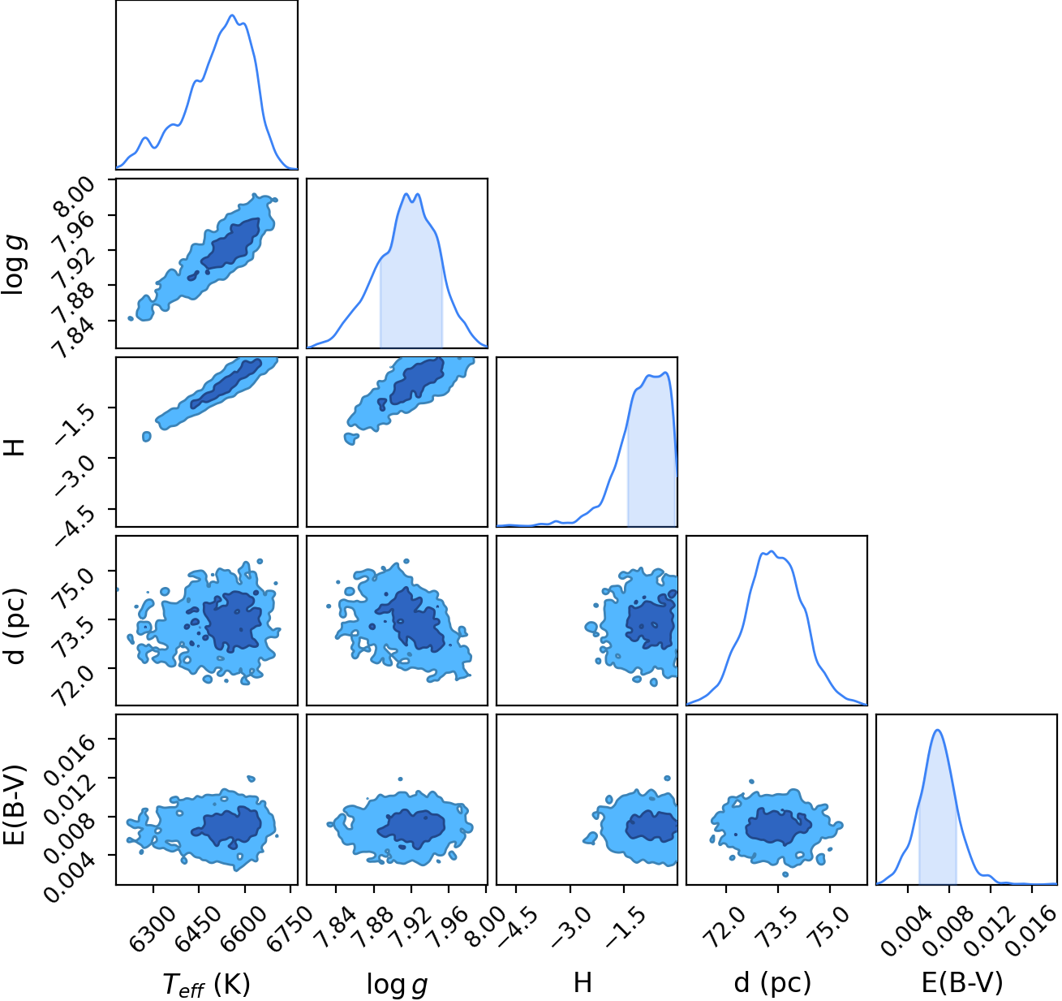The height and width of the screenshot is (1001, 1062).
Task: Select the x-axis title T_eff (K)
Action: pos(206,984)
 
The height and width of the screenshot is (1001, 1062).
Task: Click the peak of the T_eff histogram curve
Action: pos(232,15)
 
